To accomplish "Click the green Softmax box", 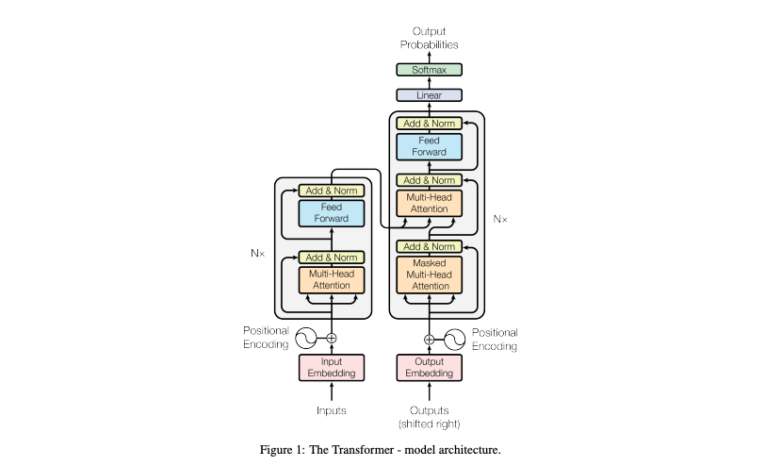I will (x=430, y=70).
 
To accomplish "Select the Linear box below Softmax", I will (x=430, y=95).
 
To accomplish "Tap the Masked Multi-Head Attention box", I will (x=430, y=274).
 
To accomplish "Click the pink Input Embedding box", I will (x=331, y=368).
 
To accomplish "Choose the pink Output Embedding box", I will (x=430, y=368).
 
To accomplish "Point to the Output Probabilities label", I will (x=430, y=38).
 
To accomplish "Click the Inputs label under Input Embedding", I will (x=331, y=410).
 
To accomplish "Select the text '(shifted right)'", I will (x=430, y=423).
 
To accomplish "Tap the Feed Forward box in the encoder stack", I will (x=331, y=212).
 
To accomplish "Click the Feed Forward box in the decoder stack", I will (x=430, y=146).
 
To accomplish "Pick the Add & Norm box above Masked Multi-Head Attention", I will (x=430, y=246).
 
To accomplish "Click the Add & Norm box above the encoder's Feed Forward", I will (x=331, y=191).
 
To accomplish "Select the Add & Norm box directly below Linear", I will (x=430, y=124).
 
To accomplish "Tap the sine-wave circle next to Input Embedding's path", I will (x=307, y=337).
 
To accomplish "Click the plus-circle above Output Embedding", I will (x=430, y=339).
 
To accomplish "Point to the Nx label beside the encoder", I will (x=256, y=253).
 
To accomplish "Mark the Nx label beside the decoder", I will (x=499, y=219).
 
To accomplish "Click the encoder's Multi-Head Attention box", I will (x=331, y=279).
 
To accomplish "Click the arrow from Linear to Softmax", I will (x=430, y=83).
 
